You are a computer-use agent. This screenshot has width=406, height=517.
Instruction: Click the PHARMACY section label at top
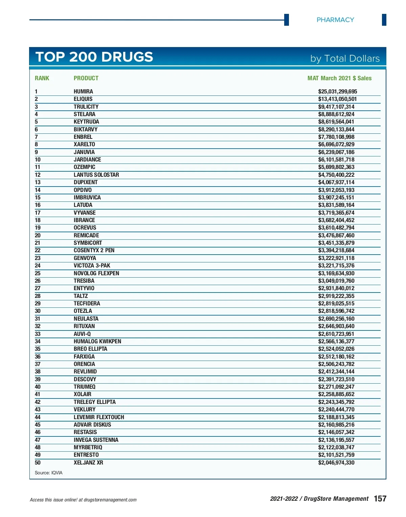[x=335, y=20]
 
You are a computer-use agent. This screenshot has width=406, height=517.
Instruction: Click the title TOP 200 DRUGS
[x=94, y=57]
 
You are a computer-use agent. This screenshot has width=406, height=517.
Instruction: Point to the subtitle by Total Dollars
[x=345, y=59]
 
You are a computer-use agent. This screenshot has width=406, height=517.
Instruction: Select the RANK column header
[x=42, y=78]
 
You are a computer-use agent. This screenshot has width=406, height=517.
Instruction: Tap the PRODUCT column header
[x=86, y=78]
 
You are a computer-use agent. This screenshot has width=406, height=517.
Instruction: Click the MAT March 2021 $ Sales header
[x=339, y=78]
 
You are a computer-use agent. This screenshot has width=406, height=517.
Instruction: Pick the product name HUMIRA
[x=83, y=91]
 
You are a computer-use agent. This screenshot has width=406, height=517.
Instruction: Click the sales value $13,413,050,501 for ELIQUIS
[x=337, y=99]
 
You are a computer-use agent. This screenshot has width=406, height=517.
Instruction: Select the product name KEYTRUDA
[x=86, y=122]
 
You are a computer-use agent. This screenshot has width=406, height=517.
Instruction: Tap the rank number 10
[x=38, y=159]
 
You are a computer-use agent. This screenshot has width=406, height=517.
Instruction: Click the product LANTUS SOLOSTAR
[x=96, y=175]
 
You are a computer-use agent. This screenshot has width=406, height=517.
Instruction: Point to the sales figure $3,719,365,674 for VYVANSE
[x=336, y=213]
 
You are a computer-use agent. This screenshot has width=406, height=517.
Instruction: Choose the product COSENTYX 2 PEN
[x=94, y=250]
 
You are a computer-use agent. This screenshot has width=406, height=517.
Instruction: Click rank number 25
[x=38, y=273]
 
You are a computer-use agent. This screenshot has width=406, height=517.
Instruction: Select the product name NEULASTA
[x=86, y=319]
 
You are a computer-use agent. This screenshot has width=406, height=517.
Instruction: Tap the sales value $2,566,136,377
[x=336, y=341]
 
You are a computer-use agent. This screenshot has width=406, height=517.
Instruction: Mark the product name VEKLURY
[x=85, y=409]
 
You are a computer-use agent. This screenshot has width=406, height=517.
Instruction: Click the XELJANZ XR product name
[x=88, y=462]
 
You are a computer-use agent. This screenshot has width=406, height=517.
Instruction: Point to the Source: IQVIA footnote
[x=48, y=473]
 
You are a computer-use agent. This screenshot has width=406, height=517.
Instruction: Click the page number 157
[x=380, y=498]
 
